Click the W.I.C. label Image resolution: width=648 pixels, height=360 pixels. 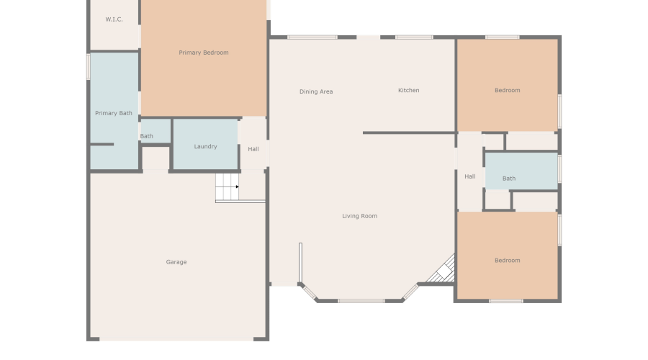pos(114,19)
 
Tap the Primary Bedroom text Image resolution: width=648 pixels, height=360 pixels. pos(204,53)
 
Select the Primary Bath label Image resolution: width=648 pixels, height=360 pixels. pos(114,113)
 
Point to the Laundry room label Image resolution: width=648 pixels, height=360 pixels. pos(205,147)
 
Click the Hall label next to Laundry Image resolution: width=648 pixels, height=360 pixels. pos(253,149)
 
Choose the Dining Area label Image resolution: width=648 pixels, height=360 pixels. pos(316,91)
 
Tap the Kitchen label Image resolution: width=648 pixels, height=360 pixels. pos(408,90)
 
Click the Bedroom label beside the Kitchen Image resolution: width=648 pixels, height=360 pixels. pos(507,90)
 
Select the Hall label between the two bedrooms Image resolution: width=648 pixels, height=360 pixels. pos(469,176)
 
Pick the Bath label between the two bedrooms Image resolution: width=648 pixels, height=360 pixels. pos(509,179)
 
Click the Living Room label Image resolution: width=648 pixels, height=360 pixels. pos(359,216)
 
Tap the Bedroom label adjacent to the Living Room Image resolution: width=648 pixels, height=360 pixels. pos(507,261)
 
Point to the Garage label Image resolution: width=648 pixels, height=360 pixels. pos(176,262)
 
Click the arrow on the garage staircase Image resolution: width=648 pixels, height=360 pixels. pos(236,187)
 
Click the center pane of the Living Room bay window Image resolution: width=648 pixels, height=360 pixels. pos(361,300)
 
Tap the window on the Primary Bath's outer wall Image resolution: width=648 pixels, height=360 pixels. pos(89,67)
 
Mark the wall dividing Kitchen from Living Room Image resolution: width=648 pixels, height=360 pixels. pos(409,132)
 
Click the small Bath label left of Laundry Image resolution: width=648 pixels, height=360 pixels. pos(147,136)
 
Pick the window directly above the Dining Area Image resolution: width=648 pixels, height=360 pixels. pos(312,37)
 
